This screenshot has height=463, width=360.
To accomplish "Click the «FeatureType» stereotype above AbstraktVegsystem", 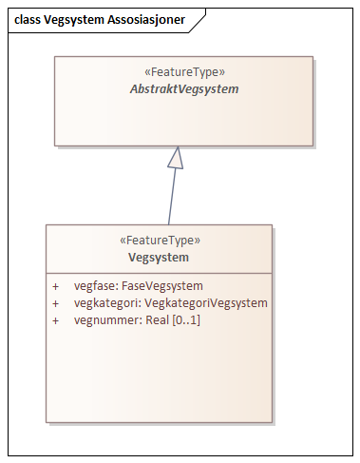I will [x=183, y=71].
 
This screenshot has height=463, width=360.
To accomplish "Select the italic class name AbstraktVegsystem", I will [x=183, y=88].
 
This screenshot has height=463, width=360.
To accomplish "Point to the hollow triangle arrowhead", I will [x=175, y=158].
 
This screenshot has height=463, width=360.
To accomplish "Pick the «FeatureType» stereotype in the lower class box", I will [x=159, y=241].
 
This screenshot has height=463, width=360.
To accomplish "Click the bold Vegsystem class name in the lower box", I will [x=159, y=257].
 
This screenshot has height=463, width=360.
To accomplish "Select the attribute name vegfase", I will [x=93, y=285].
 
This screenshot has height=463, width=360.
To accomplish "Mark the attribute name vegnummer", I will [x=103, y=319].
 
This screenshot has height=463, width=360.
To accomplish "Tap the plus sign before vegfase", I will [x=56, y=285].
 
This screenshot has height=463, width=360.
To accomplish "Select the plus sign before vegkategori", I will [x=56, y=302].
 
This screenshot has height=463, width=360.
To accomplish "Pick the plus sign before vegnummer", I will [x=56, y=319].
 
